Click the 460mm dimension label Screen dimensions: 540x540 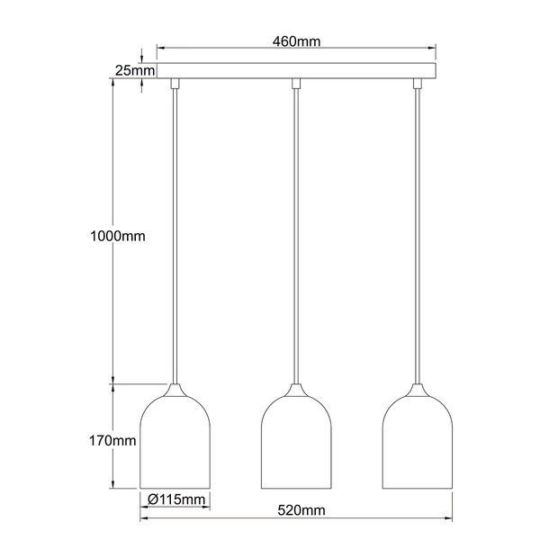point(296,40)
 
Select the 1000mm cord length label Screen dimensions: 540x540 point(117,237)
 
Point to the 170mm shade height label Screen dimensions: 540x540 point(112,441)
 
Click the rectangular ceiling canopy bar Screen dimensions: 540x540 point(296,70)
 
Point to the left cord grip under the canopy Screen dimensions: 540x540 point(175,84)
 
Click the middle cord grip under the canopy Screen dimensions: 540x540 point(296,84)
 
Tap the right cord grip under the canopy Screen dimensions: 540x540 point(417,84)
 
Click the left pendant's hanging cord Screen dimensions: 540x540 point(175,234)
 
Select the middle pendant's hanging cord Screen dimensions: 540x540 point(296,234)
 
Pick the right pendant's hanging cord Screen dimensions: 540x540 point(417,234)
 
